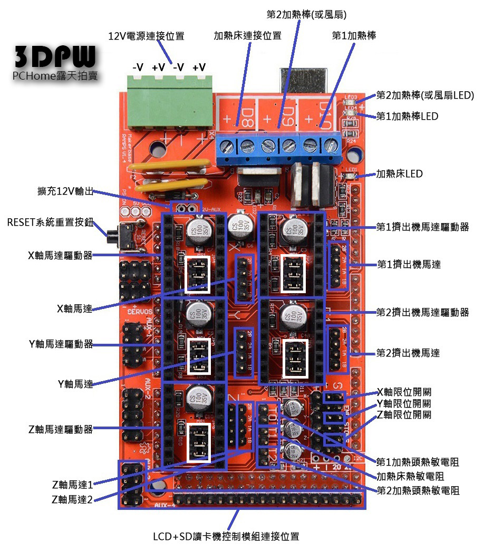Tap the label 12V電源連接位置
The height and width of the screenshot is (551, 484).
[146, 36]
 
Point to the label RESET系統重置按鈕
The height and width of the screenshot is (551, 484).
[50, 222]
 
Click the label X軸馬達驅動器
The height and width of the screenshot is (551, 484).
[60, 255]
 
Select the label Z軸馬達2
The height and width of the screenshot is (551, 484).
[72, 499]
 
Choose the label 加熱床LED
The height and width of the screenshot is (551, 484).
[399, 173]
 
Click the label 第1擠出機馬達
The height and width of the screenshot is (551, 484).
[409, 264]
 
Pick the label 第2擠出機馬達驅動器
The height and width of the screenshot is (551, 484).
[422, 312]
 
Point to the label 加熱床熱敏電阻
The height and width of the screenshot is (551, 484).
[410, 476]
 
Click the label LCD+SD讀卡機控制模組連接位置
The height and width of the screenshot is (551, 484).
[226, 537]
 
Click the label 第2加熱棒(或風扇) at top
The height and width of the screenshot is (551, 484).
[307, 14]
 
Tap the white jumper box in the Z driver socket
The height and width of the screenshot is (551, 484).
[196, 442]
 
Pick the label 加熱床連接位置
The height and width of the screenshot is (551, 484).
[247, 36]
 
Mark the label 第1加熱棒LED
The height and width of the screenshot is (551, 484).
[407, 116]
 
